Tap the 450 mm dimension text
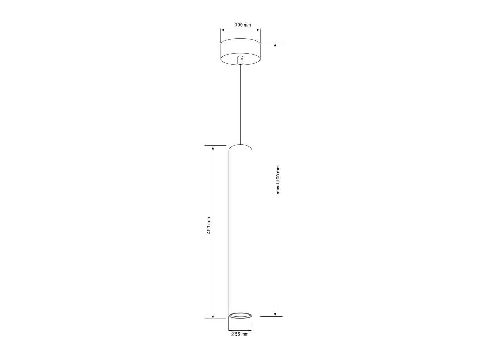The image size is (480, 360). tap(208, 226)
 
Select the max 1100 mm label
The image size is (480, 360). tap(278, 180)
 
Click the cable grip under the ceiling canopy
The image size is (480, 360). tap(240, 60)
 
